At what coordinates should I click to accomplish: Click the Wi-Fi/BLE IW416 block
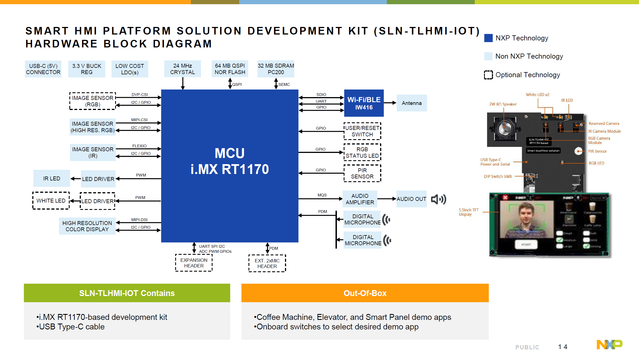(364, 103)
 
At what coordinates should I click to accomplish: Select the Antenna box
(412, 103)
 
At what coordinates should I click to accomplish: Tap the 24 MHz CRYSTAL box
(182, 69)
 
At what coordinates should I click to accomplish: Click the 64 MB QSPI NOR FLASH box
(230, 69)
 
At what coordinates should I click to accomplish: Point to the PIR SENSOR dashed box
(362, 173)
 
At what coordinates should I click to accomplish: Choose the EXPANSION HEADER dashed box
(194, 263)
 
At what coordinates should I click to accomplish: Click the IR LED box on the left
(52, 178)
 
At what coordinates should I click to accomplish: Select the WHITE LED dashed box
(51, 201)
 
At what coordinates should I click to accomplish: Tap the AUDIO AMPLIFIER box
(360, 199)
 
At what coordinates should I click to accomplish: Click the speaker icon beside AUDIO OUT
(438, 199)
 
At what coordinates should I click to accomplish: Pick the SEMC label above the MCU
(284, 84)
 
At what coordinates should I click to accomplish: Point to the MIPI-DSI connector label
(139, 220)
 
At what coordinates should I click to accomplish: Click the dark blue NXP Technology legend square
(489, 38)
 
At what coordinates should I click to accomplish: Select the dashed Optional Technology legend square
(489, 75)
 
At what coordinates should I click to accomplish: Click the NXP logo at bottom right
(609, 344)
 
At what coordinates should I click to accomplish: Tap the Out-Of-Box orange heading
(365, 293)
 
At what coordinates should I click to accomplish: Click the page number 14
(563, 347)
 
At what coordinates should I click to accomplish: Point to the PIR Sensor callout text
(597, 151)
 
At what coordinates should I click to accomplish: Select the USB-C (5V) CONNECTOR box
(43, 69)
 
